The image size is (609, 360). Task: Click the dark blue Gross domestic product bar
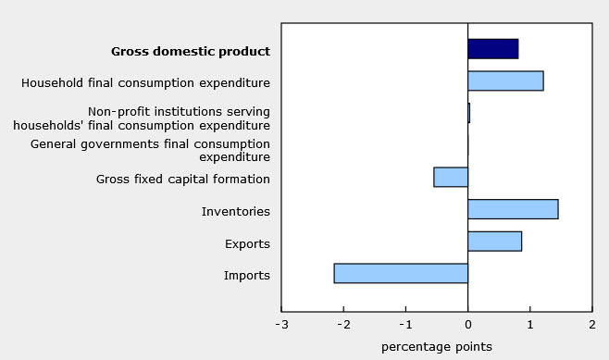[x=492, y=49]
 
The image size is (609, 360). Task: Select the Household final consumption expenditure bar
[x=505, y=81]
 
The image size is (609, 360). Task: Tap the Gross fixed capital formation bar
[x=451, y=177]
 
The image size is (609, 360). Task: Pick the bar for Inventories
[x=513, y=209]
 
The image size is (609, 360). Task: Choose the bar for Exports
[x=494, y=242]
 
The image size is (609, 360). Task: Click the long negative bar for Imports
[x=401, y=273]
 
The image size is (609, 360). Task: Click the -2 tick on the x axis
[x=342, y=325]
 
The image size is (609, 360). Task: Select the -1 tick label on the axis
[x=404, y=325]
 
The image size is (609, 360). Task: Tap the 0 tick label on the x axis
[x=467, y=325]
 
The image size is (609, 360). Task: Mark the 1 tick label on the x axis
[x=529, y=325]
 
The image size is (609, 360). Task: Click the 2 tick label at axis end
[x=591, y=325]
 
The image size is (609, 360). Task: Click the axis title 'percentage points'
[x=437, y=347]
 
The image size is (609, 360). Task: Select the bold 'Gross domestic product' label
[x=191, y=51]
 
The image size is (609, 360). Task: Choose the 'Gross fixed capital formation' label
[x=183, y=179]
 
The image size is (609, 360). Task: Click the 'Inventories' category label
[x=235, y=211]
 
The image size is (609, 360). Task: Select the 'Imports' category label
[x=246, y=275]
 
